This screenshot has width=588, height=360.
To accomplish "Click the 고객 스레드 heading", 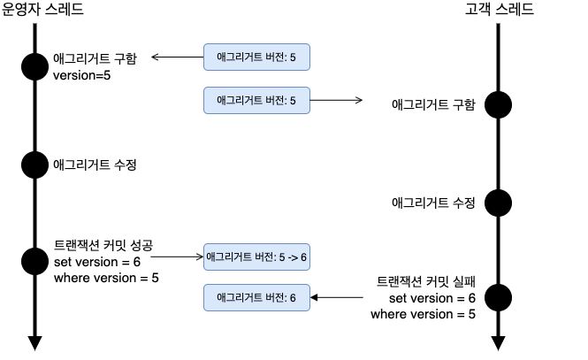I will pyautogui.click(x=500, y=10).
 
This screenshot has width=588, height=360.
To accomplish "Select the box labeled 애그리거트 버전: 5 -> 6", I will pyautogui.click(x=256, y=257).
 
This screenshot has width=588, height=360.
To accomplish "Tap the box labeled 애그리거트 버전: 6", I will pyautogui.click(x=256, y=297).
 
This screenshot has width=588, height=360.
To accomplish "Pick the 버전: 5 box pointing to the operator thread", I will pyautogui.click(x=256, y=57).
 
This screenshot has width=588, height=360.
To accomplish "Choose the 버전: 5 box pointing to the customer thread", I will pyautogui.click(x=256, y=100).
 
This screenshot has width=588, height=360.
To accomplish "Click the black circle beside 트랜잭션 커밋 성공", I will pyautogui.click(x=34, y=260).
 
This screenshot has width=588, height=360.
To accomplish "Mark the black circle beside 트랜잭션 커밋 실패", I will pyautogui.click(x=499, y=296).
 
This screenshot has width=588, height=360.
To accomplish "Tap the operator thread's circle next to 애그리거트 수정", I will pyautogui.click(x=34, y=164).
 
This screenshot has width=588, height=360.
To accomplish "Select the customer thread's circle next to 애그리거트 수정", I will pyautogui.click(x=499, y=202).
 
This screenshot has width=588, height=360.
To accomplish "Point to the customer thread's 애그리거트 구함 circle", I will pyautogui.click(x=499, y=104).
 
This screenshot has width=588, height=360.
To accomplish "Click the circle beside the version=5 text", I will pyautogui.click(x=34, y=66).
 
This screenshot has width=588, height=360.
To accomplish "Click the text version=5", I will pyautogui.click(x=82, y=75).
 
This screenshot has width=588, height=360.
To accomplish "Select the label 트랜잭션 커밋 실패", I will pyautogui.click(x=426, y=282).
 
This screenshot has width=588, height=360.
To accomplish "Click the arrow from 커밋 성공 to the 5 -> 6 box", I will pyautogui.click(x=172, y=257).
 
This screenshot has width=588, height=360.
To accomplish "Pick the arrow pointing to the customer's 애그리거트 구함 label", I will pyautogui.click(x=336, y=100).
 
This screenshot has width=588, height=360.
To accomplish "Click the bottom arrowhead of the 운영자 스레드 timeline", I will pyautogui.click(x=34, y=342).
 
